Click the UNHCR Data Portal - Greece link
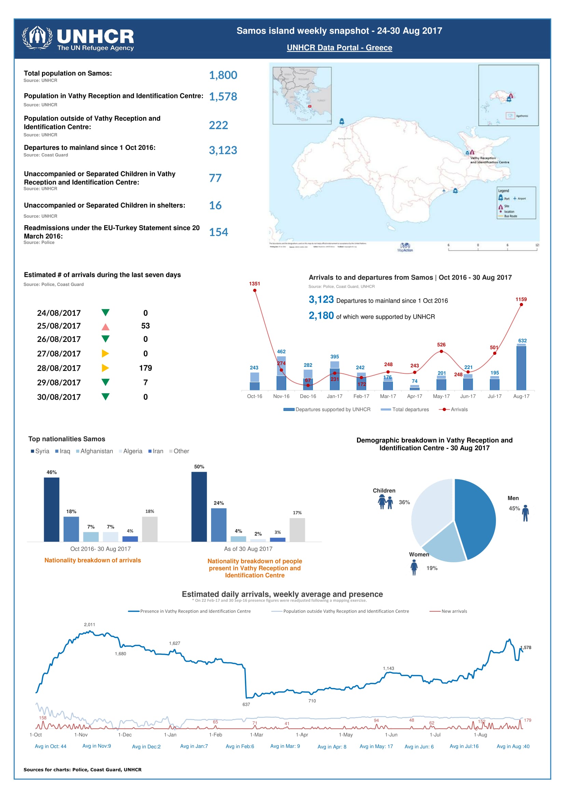[339, 48]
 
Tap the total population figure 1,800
[223, 75]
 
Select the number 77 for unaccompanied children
[215, 178]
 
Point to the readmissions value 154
[219, 232]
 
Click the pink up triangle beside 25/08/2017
[106, 327]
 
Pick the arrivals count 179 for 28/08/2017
[146, 368]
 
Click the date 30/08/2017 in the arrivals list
[59, 397]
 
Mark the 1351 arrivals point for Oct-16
[255, 290]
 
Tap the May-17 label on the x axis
[441, 396]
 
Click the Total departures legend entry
[405, 410]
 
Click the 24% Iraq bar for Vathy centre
[219, 525]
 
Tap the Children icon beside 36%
[385, 502]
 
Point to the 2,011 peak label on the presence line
[89, 625]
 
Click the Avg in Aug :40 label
[513, 746]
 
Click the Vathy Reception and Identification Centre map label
[490, 160]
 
